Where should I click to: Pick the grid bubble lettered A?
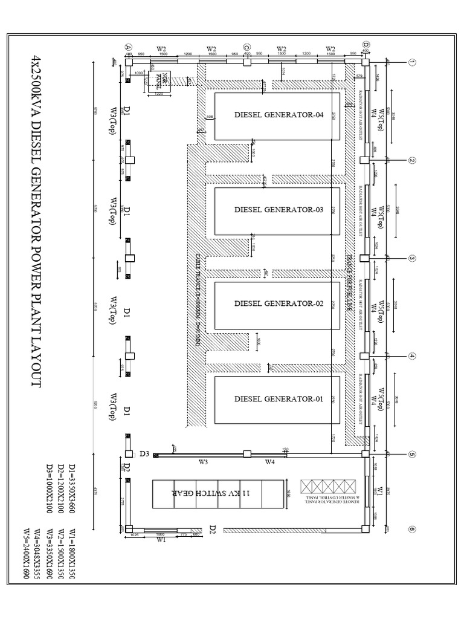128,47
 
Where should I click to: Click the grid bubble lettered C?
246,47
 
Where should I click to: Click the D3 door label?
144,453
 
